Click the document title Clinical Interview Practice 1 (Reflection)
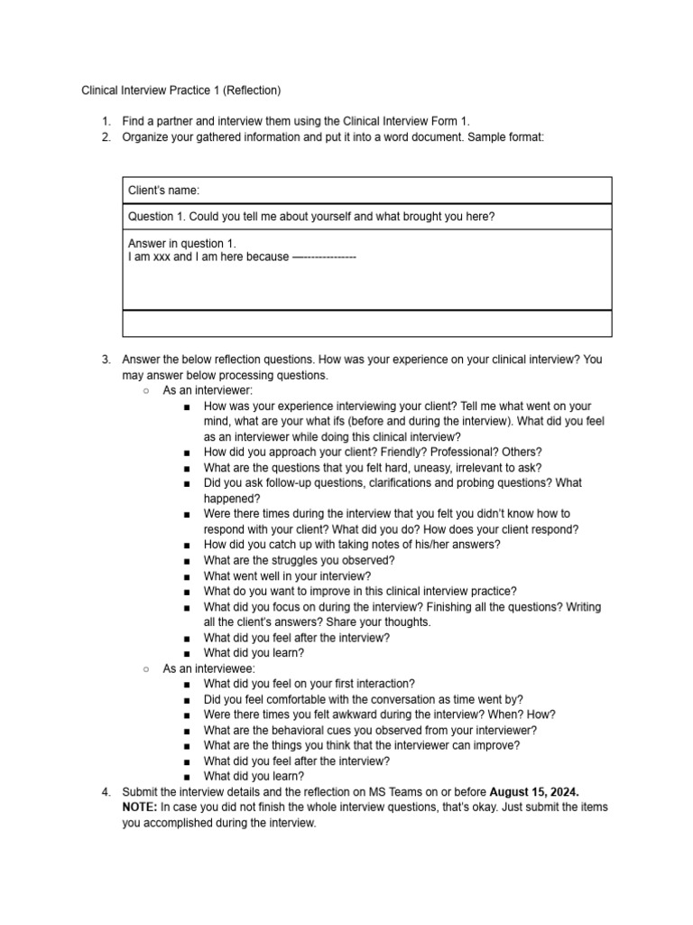(x=181, y=90)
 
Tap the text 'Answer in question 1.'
(x=181, y=244)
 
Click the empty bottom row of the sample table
(x=366, y=323)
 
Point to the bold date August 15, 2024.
(x=534, y=792)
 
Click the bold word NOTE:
(x=140, y=808)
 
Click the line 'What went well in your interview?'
(x=287, y=575)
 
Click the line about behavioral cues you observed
(x=370, y=730)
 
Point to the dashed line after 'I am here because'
(x=325, y=257)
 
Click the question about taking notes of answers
(x=352, y=545)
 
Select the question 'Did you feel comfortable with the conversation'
(x=363, y=699)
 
